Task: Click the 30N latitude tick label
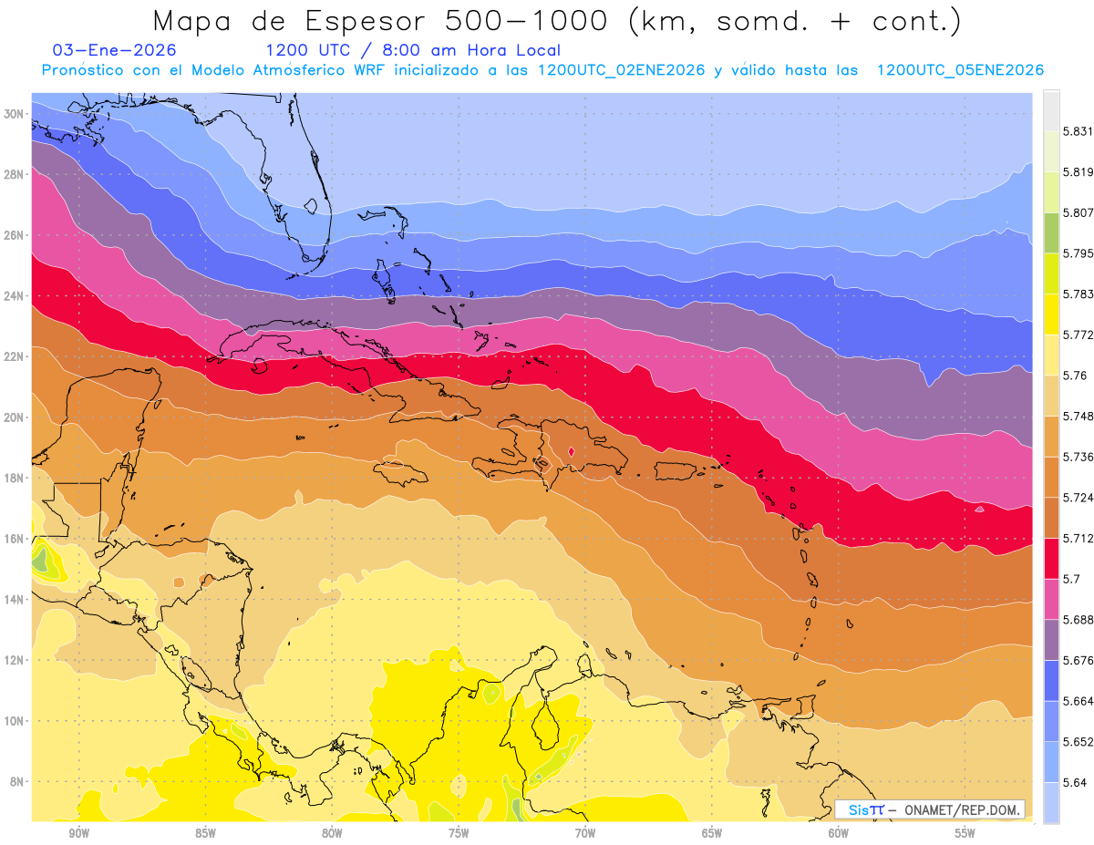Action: [x=14, y=114]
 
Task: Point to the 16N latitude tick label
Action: [x=14, y=539]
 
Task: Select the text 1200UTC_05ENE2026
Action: [x=960, y=70]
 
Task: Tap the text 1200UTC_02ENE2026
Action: [x=622, y=70]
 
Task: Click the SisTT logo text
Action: [x=865, y=809]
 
